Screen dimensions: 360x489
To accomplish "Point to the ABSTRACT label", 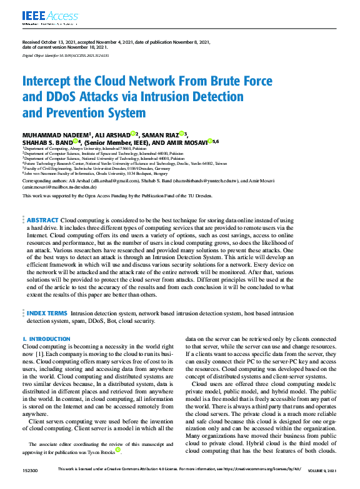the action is (x=42, y=220).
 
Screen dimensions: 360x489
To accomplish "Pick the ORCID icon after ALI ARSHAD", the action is (x=134, y=134).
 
